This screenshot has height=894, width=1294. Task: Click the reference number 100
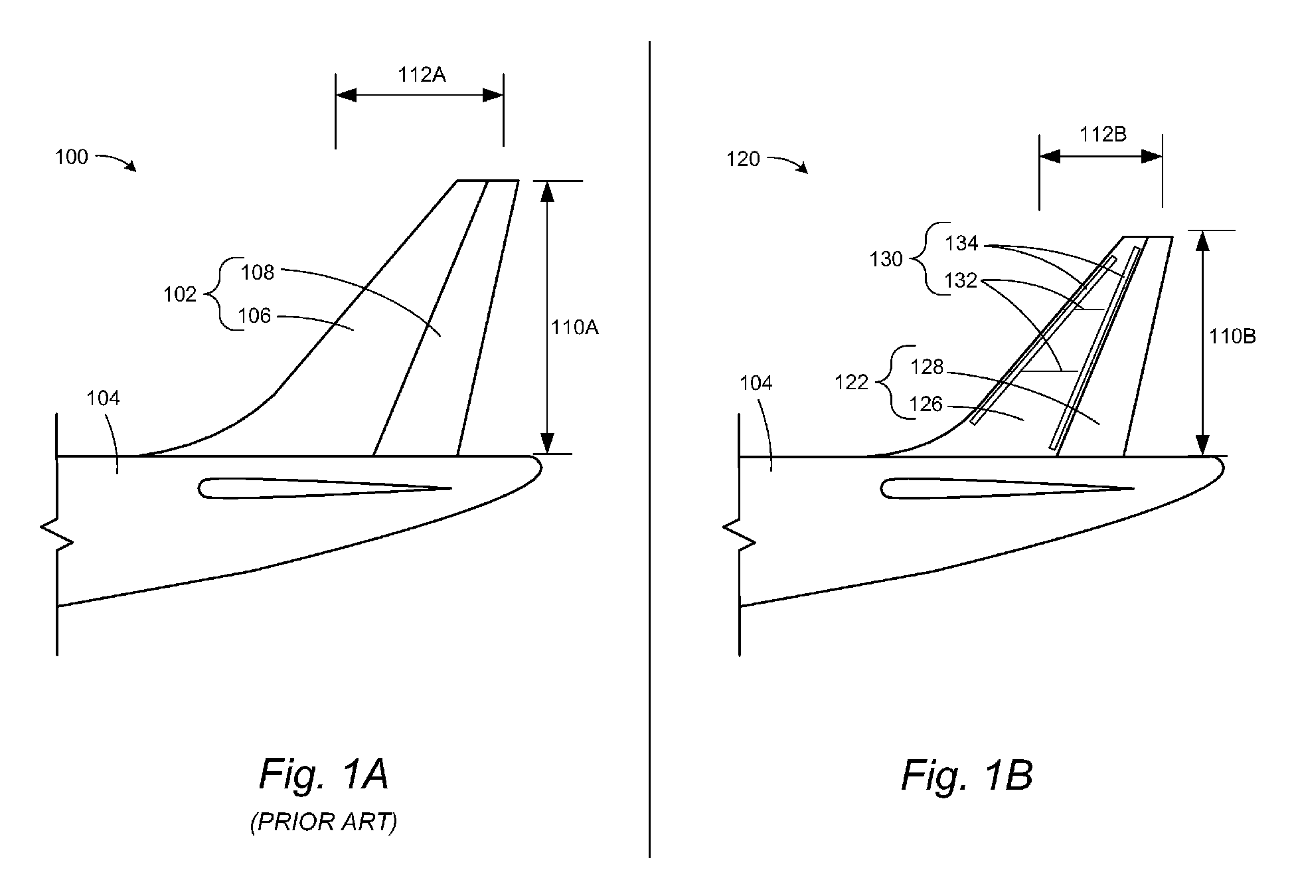(71, 157)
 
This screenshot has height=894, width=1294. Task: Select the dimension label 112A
(422, 75)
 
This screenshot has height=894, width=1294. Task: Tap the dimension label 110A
(575, 327)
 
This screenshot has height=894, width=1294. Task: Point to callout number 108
(258, 272)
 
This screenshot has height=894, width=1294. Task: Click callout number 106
(255, 315)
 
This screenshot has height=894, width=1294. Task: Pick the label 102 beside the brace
(180, 294)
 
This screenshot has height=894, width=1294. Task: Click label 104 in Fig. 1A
(104, 399)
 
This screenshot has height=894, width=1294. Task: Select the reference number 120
(743, 159)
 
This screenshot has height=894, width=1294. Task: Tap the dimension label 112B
(1103, 135)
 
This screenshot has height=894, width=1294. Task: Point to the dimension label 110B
(1232, 337)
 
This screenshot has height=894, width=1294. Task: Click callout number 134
(962, 244)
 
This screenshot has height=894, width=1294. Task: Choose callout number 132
(961, 280)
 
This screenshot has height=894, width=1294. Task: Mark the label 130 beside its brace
(886, 259)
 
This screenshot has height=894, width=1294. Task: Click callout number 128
(927, 367)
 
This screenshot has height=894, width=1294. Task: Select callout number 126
(926, 404)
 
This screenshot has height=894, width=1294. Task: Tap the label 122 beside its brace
(852, 383)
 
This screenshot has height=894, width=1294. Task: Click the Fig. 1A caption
(323, 774)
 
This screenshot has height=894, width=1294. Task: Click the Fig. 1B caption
(967, 775)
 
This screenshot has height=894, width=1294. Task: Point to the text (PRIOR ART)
(323, 822)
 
